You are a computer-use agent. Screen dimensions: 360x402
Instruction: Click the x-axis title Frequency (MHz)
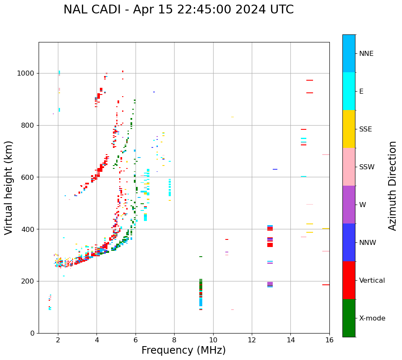(183, 350)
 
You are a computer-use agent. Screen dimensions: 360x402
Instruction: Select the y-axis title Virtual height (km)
(9, 187)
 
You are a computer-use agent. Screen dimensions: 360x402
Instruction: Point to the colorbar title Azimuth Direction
(392, 186)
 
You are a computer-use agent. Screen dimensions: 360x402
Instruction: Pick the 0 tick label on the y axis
(33, 333)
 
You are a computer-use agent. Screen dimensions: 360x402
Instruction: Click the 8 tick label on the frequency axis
(174, 340)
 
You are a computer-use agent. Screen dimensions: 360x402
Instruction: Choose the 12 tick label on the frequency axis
(252, 340)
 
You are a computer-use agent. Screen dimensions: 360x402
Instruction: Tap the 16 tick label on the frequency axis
(329, 340)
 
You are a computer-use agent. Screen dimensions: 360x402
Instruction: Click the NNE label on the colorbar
(366, 54)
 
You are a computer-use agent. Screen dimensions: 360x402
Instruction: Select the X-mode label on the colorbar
(372, 318)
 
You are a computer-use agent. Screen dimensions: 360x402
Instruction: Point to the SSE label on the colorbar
(365, 129)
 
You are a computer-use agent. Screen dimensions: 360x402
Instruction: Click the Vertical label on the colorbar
(372, 281)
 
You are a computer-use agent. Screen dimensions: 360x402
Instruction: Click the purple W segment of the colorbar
(349, 205)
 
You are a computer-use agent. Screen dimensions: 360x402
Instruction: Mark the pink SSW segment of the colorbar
(349, 167)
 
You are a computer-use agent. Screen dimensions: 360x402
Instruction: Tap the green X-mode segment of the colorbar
(349, 318)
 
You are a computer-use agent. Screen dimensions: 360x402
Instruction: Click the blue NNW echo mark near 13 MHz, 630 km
(275, 169)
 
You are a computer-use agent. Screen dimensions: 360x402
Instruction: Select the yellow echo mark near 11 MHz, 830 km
(232, 117)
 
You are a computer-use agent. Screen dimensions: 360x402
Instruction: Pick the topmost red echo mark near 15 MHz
(310, 80)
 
